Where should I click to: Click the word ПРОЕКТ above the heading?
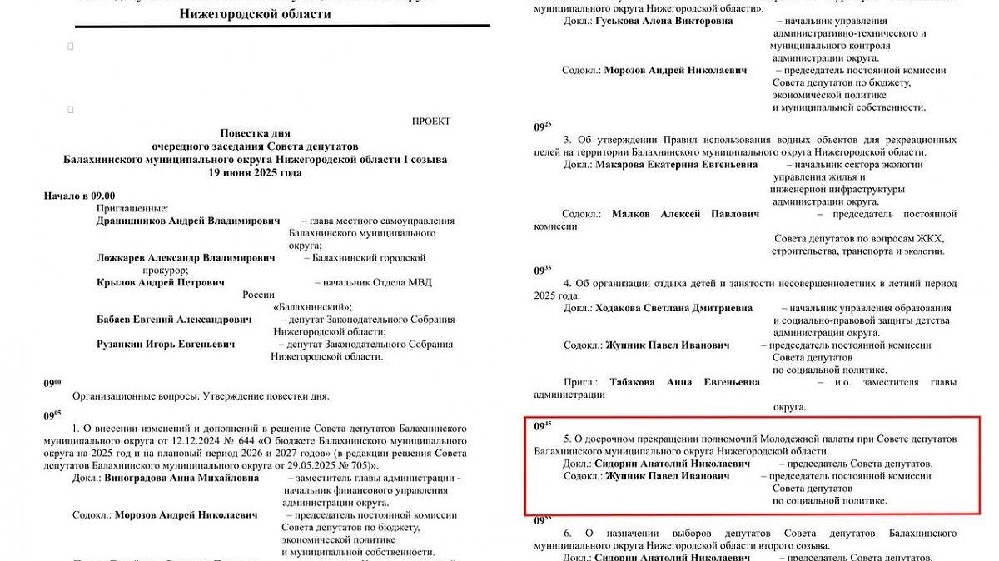click(x=430, y=122)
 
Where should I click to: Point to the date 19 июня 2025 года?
click(x=256, y=173)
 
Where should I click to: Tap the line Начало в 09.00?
click(x=79, y=196)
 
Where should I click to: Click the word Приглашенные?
click(x=133, y=208)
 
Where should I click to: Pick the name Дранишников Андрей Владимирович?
click(x=188, y=221)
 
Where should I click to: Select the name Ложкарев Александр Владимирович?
click(x=185, y=258)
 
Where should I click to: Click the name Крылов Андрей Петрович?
click(x=161, y=283)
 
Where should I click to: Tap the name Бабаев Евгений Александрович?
click(x=174, y=320)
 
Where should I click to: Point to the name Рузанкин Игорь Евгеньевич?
click(x=166, y=344)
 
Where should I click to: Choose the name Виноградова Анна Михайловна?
click(x=182, y=479)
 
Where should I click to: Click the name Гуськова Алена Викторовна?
click(x=664, y=21)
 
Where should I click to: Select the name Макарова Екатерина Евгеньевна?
click(x=677, y=165)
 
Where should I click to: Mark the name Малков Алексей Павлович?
click(x=685, y=214)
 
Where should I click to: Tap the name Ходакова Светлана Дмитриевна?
click(x=674, y=308)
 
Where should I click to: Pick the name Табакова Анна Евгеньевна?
click(x=684, y=383)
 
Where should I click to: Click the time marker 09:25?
click(x=543, y=127)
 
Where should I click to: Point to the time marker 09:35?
click(x=543, y=271)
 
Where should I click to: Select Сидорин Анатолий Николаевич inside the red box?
click(x=673, y=463)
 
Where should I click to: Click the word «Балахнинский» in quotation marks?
click(x=312, y=307)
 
